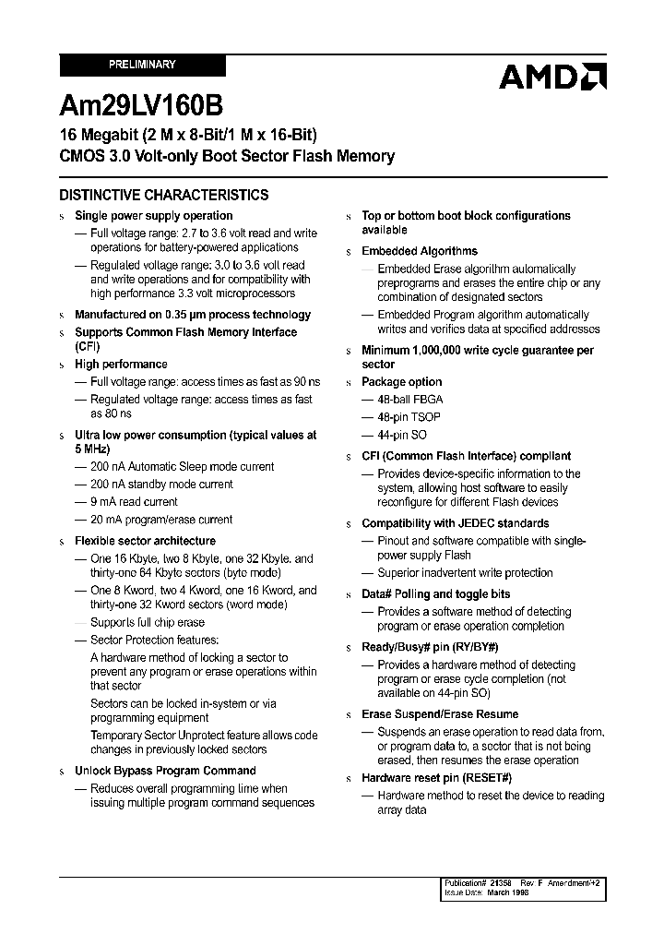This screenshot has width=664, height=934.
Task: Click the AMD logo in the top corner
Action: point(552,77)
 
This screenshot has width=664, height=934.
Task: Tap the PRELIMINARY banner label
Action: point(142,66)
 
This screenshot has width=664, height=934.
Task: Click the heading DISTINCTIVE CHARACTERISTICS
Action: point(164,195)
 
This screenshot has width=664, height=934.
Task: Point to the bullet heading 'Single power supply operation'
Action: point(153,216)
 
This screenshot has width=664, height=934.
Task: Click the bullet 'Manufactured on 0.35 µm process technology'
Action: point(192,315)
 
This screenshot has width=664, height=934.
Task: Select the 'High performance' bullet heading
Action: point(121,365)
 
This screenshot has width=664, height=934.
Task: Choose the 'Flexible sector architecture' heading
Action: point(145,541)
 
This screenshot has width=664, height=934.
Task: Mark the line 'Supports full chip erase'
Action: point(148,623)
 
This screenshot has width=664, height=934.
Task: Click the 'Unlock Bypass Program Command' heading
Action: point(165,771)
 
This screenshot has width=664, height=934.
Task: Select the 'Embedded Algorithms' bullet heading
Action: point(420,251)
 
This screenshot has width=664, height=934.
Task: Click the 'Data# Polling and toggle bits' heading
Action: point(435,594)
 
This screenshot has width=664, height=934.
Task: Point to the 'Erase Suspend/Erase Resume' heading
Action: point(440,714)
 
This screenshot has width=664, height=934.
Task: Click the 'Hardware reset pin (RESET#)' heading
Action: point(436,778)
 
